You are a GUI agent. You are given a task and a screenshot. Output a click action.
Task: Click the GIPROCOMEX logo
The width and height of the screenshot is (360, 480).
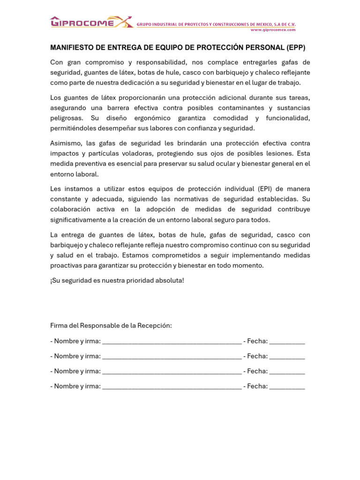point(91,22)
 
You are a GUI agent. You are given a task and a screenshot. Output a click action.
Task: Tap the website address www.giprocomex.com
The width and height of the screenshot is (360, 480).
point(273,30)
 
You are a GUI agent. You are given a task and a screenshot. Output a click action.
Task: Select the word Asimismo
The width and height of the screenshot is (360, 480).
point(66,143)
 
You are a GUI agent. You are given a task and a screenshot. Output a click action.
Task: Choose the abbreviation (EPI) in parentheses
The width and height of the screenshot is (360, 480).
point(265,189)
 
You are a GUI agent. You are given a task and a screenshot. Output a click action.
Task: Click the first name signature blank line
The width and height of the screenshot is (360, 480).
point(172,342)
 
